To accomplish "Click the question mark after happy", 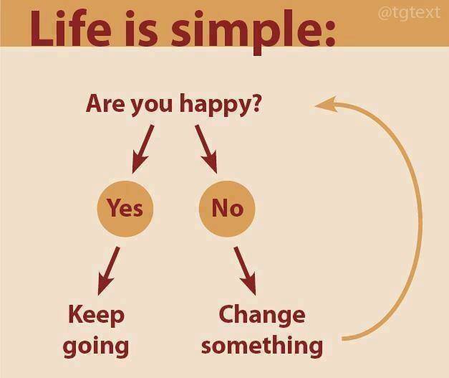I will click(x=255, y=103).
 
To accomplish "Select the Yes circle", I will click(x=125, y=208).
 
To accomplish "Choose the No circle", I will click(x=227, y=208).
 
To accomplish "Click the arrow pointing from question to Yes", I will click(x=142, y=149).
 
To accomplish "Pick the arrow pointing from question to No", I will click(x=206, y=149).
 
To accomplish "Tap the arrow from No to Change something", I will click(x=245, y=270).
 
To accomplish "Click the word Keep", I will click(x=96, y=314).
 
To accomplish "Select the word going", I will click(x=96, y=346).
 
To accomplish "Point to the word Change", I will click(x=261, y=314).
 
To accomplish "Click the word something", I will click(x=261, y=346).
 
